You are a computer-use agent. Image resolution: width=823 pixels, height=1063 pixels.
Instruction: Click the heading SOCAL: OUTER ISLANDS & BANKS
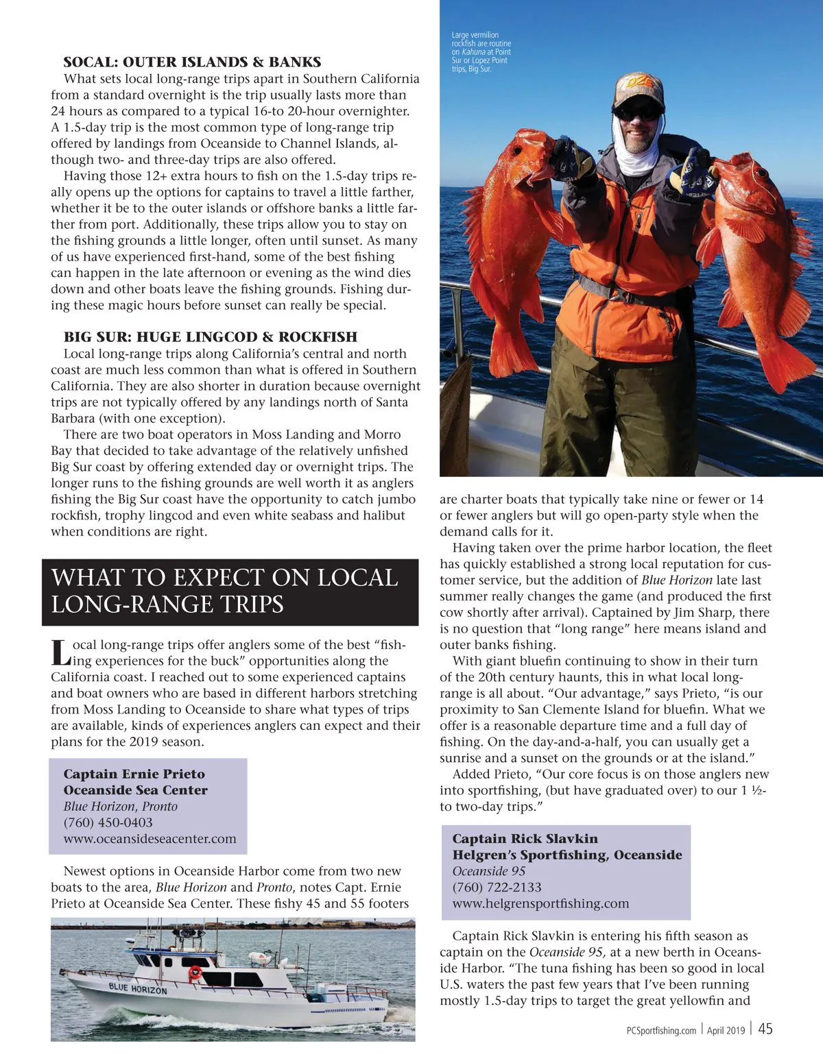(192, 62)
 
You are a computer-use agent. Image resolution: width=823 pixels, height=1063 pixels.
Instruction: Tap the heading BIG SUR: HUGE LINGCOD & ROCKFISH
(211, 337)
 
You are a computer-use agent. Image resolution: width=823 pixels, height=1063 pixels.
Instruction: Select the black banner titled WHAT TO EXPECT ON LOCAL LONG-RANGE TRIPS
(230, 591)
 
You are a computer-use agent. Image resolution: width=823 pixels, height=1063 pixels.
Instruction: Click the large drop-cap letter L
(61, 653)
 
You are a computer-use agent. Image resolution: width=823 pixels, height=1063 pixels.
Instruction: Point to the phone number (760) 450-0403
(108, 822)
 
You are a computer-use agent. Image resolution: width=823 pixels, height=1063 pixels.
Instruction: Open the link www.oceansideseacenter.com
(150, 839)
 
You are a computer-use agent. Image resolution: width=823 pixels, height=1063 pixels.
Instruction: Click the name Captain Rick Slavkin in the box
(525, 839)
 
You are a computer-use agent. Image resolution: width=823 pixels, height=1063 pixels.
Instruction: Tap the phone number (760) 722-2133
(497, 888)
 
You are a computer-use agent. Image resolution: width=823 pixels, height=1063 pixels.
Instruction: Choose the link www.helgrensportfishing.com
(540, 903)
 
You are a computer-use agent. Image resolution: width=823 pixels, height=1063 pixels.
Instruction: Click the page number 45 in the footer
(765, 1029)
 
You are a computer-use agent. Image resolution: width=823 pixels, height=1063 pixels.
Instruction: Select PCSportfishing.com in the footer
(661, 1030)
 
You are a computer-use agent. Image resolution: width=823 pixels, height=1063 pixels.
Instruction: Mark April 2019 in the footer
(726, 1030)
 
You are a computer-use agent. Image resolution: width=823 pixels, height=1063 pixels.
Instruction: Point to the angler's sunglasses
(636, 111)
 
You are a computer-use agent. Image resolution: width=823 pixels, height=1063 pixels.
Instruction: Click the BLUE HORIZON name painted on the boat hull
(137, 988)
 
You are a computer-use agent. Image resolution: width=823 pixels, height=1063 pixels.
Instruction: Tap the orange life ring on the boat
(195, 972)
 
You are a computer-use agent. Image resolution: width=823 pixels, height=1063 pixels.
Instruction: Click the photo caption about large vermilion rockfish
(481, 51)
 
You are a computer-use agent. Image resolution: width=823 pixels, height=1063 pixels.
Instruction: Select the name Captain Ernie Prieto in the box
(134, 774)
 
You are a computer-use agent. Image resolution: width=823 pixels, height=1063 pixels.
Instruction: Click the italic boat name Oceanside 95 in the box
(488, 871)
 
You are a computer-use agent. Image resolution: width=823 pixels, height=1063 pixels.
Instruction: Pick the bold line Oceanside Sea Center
(135, 790)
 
